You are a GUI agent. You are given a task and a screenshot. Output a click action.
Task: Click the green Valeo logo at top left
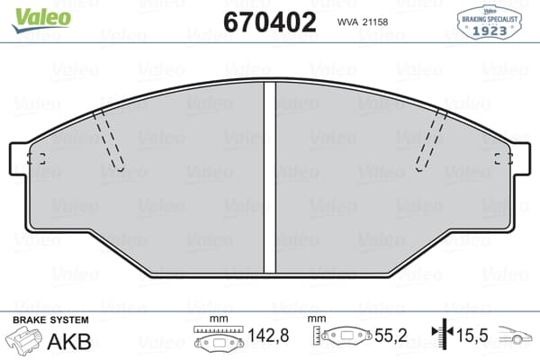click(x=31, y=14)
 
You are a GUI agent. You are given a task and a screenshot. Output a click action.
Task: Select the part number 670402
click(x=269, y=22)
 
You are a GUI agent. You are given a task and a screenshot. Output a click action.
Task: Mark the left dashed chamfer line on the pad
click(x=110, y=139)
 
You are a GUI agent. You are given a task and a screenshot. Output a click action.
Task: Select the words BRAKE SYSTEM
click(x=50, y=320)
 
